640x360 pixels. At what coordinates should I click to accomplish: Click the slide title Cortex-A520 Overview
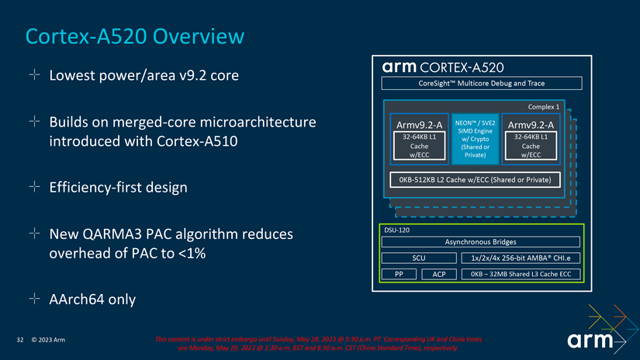135,36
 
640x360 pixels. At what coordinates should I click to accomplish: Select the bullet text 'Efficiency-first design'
118,188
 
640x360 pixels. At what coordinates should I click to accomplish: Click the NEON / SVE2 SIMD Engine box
475,139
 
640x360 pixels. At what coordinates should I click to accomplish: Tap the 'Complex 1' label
543,106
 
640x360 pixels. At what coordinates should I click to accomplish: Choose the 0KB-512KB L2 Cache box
476,180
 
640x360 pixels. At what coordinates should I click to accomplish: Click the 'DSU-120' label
398,230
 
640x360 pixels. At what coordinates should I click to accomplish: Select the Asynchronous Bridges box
480,242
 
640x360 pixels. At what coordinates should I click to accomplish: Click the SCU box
418,258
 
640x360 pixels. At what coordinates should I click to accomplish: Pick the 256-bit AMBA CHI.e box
520,258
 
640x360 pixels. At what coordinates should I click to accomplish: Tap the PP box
399,274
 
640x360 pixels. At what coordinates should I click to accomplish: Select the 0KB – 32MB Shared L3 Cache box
520,274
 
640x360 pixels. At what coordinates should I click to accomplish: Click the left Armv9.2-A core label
419,124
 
